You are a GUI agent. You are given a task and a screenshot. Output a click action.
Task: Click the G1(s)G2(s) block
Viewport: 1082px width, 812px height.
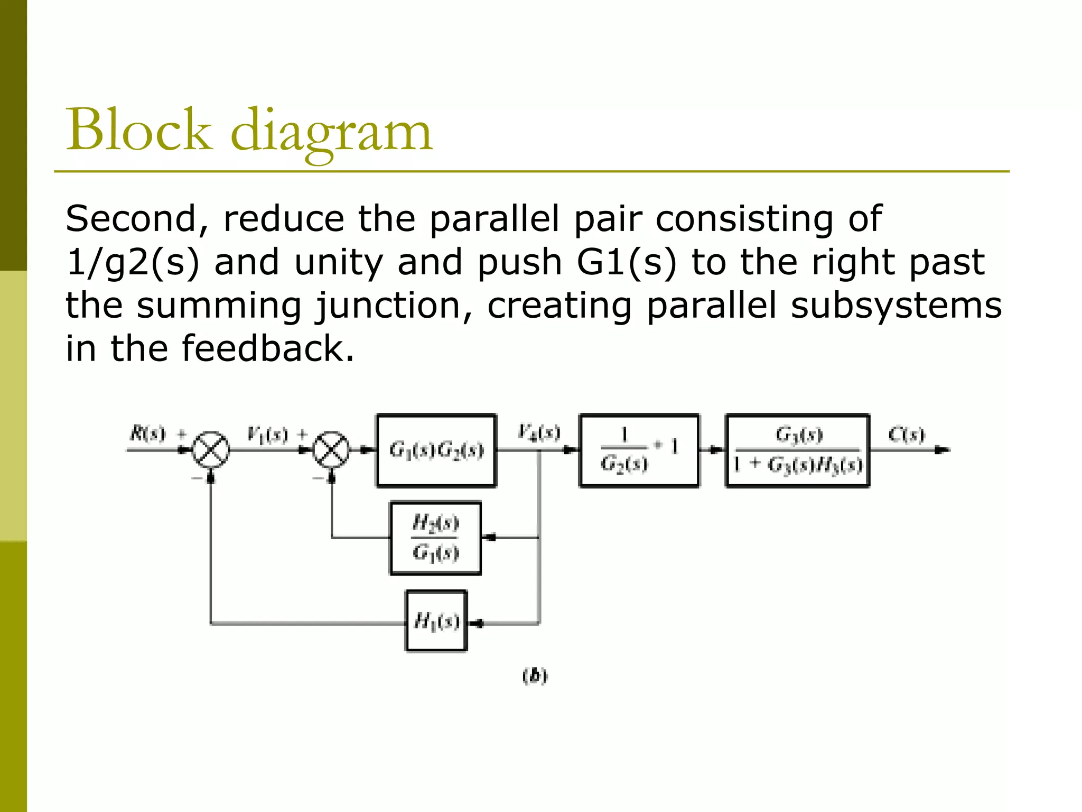(436, 450)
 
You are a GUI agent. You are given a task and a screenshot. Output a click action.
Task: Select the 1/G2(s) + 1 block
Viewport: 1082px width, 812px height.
(639, 450)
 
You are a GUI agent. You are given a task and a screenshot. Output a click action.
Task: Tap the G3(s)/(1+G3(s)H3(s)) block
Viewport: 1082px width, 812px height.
(798, 450)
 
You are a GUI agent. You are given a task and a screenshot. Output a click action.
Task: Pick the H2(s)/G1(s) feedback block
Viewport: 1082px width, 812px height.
(435, 538)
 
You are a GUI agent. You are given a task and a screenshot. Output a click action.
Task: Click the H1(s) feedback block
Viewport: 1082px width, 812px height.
(436, 621)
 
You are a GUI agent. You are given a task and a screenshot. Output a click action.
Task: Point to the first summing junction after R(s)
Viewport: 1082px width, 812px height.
(211, 450)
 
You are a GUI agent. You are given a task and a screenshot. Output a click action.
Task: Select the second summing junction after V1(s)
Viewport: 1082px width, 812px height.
(331, 450)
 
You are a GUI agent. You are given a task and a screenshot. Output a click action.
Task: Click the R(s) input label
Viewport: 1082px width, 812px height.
(147, 434)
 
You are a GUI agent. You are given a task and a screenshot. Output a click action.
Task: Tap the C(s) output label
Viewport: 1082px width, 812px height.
(906, 435)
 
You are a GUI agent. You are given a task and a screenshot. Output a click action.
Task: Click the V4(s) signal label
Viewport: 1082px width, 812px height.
(538, 432)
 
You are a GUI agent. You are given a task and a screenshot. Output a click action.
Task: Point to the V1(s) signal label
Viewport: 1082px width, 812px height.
(267, 435)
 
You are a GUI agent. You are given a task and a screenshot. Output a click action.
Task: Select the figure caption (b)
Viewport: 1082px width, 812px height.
(535, 676)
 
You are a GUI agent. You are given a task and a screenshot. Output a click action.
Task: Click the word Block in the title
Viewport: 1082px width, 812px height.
(138, 130)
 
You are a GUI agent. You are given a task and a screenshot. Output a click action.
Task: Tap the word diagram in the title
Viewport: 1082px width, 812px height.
(331, 132)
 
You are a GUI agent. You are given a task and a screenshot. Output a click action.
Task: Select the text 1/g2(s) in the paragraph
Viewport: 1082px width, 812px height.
(133, 262)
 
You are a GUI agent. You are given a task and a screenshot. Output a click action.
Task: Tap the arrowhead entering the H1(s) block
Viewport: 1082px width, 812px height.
(475, 624)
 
